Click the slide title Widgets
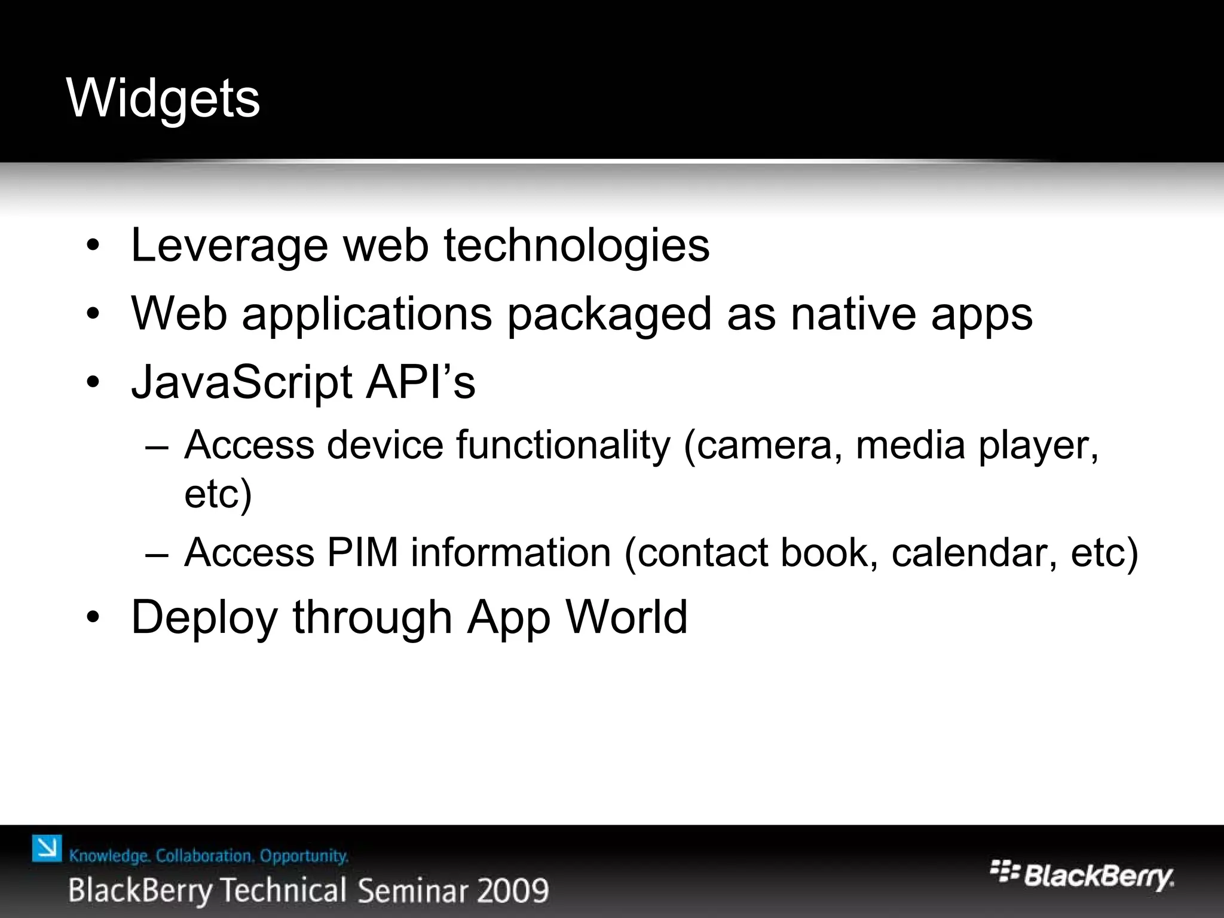(163, 99)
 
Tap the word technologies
(576, 246)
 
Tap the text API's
(420, 381)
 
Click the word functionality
(563, 445)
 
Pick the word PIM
(362, 552)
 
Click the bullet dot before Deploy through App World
(93, 618)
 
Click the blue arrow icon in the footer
(47, 848)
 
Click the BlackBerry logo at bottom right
(1082, 877)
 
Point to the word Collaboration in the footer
(204, 856)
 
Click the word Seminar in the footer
(414, 891)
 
